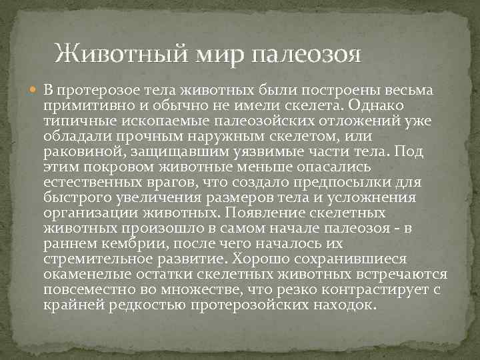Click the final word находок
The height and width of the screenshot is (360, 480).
(351, 305)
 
